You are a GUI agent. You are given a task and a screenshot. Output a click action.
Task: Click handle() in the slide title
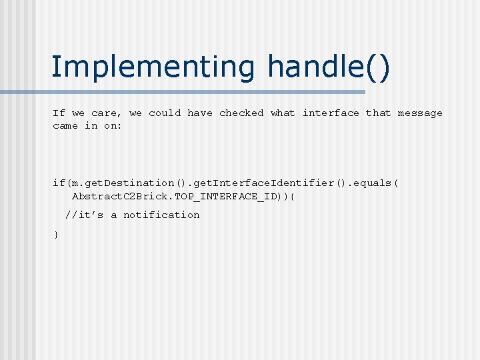329,67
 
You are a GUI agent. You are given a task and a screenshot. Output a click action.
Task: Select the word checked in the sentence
241,113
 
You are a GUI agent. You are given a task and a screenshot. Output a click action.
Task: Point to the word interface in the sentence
331,113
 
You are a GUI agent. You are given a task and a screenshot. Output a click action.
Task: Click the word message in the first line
420,113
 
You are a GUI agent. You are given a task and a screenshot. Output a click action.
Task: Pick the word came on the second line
65,126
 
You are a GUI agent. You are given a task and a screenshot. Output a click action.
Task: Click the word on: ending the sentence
113,126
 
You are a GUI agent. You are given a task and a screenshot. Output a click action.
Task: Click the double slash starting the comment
69,215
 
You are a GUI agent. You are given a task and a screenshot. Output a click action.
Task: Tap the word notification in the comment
161,215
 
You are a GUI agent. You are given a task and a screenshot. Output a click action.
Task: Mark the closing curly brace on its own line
56,235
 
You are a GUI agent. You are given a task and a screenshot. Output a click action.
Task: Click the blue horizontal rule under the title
200,92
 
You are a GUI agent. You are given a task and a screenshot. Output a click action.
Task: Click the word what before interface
283,113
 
